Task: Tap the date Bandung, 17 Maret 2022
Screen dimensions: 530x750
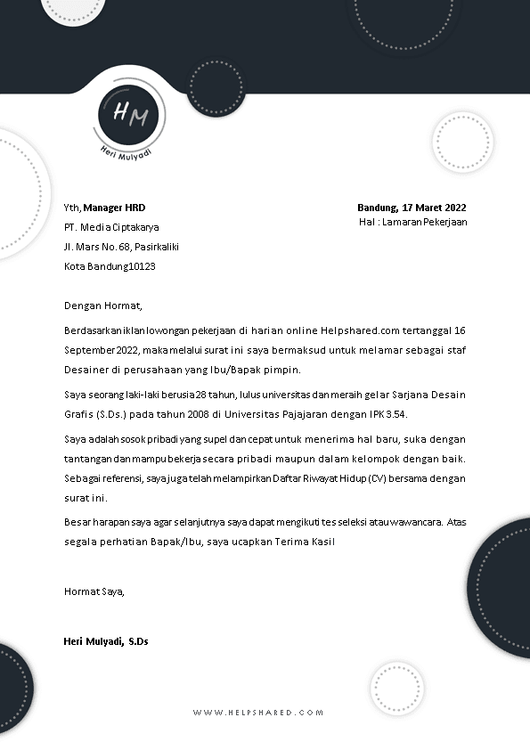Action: tap(412, 207)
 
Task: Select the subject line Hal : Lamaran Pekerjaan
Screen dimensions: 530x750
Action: tap(412, 222)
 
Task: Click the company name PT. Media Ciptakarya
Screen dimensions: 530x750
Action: tap(111, 227)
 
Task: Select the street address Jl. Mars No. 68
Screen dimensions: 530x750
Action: tap(98, 247)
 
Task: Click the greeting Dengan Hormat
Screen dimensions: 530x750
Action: tap(103, 306)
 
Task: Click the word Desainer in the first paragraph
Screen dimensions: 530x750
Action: tap(86, 370)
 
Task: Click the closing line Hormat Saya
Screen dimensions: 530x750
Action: tap(94, 591)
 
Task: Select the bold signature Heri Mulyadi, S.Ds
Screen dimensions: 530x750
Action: tap(106, 640)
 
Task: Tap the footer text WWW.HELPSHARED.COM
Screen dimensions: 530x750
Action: tap(257, 713)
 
